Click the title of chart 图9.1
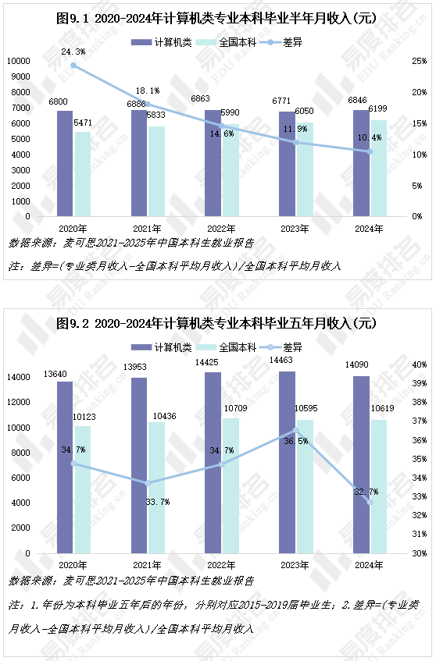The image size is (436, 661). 217,18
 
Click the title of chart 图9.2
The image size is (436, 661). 217,322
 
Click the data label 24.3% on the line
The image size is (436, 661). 73,52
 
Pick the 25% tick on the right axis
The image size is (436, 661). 419,61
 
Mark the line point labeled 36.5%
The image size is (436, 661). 295,430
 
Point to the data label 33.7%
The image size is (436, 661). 158,502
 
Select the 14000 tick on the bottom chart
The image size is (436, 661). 17,378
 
